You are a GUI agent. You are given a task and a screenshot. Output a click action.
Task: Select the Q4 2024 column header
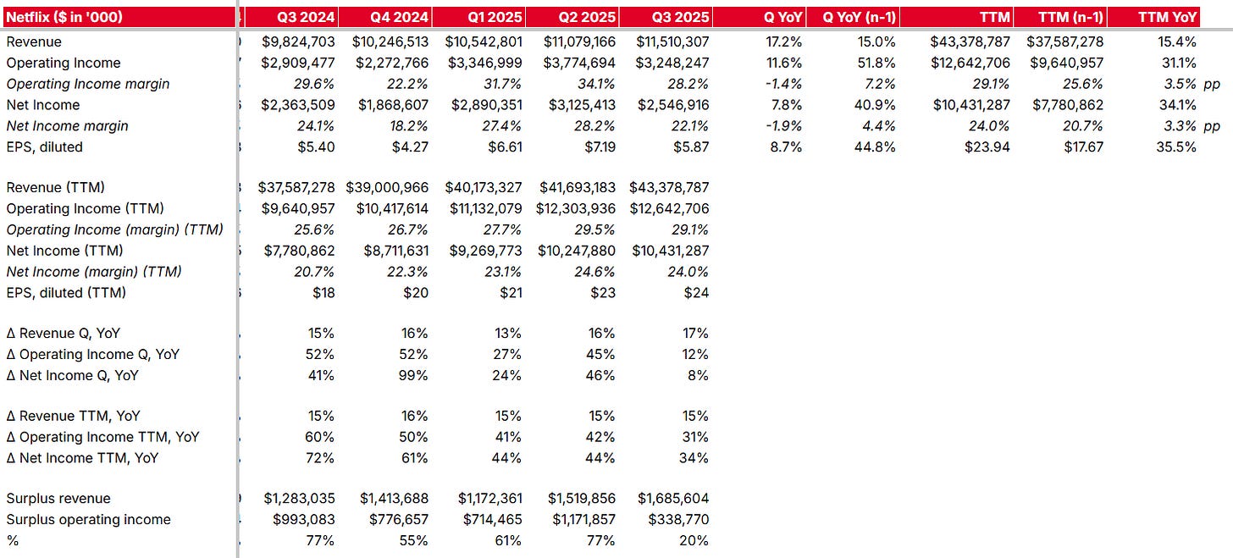coord(400,17)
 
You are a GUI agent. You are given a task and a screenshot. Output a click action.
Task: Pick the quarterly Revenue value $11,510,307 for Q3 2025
coord(669,41)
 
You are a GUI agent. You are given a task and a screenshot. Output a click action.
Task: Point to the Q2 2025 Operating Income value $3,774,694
coord(576,63)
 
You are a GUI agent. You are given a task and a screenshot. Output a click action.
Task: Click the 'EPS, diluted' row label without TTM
coord(45,146)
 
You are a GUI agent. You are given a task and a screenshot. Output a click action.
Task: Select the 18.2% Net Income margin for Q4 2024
coord(408,126)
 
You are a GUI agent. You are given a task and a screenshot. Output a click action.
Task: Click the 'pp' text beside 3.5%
coord(1212,84)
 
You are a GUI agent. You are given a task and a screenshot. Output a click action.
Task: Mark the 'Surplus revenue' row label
coord(58,498)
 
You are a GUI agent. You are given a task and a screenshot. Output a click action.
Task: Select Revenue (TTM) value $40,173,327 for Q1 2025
coord(481,187)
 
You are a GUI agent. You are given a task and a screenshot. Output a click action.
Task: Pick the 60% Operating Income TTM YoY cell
coord(321,437)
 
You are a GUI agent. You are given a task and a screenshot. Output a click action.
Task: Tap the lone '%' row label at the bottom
coord(12,540)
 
